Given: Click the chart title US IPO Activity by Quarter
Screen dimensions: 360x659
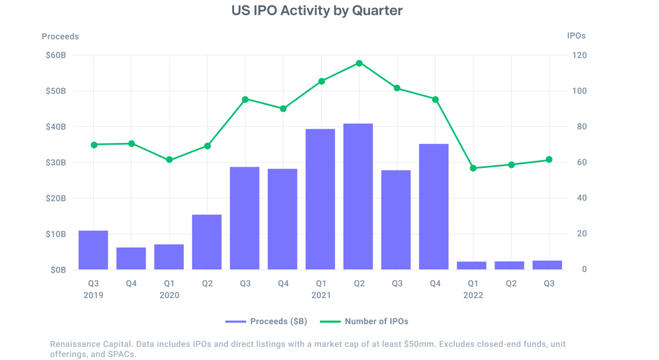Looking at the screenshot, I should (x=317, y=11).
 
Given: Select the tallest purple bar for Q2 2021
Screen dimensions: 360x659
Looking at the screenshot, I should (x=358, y=197).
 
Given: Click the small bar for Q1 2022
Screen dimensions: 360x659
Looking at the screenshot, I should (x=472, y=265).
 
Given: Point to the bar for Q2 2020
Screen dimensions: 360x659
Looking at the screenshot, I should (x=207, y=242).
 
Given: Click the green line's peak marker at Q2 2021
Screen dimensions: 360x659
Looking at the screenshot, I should (x=359, y=63).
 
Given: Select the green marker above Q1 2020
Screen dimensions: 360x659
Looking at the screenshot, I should (x=169, y=160).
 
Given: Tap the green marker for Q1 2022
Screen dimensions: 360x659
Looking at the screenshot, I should (x=473, y=168).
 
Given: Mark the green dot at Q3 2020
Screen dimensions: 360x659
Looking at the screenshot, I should (x=245, y=99).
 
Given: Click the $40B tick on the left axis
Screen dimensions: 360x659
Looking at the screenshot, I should (x=55, y=126).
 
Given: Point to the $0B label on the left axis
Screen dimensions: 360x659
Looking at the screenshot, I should (x=58, y=269).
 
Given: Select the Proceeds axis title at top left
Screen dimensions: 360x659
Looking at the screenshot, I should (x=60, y=36).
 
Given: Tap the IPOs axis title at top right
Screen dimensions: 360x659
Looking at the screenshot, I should (x=576, y=36).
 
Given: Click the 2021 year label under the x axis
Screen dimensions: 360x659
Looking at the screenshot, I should (x=321, y=295).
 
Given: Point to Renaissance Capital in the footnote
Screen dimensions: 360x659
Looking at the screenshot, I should (x=88, y=344).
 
